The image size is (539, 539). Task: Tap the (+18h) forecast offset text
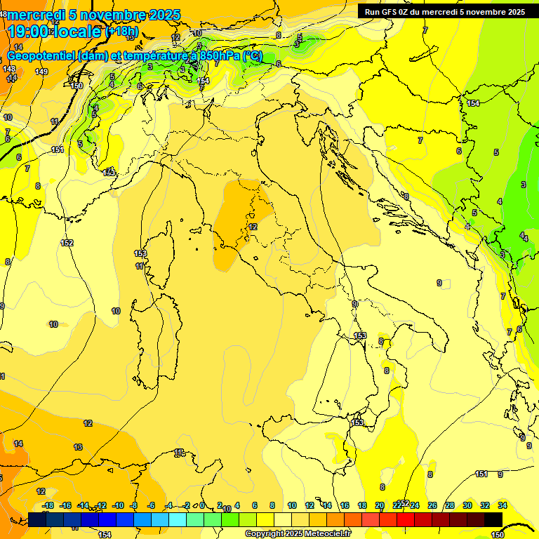click(121, 31)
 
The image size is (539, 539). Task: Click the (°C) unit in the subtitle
click(253, 56)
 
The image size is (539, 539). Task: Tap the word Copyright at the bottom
click(265, 534)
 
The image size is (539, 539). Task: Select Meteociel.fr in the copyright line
click(328, 534)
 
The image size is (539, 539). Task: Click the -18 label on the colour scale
click(48, 505)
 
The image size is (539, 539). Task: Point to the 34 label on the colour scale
click(503, 505)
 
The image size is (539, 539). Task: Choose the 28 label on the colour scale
click(450, 505)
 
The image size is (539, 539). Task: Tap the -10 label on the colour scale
click(118, 505)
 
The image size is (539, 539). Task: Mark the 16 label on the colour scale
click(345, 505)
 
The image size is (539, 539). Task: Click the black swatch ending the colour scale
click(493, 519)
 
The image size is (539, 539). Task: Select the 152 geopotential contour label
click(67, 243)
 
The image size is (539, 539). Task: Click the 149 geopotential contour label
click(41, 72)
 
